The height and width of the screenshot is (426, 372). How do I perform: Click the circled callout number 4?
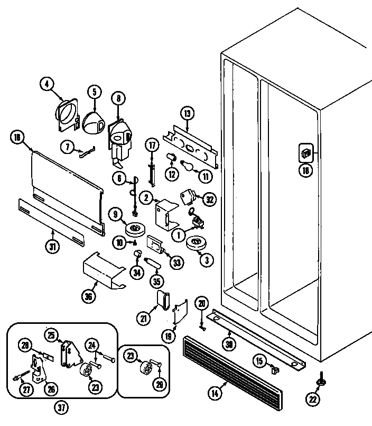pyautogui.click(x=47, y=84)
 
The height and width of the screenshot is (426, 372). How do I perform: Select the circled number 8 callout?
pyautogui.click(x=118, y=98)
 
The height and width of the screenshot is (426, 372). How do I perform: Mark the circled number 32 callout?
pyautogui.click(x=209, y=199)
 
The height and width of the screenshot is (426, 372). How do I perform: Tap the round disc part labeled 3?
pyautogui.click(x=196, y=244)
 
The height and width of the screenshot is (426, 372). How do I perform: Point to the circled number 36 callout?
pyautogui.click(x=88, y=296)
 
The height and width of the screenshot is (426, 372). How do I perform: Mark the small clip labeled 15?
pyautogui.click(x=274, y=369)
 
